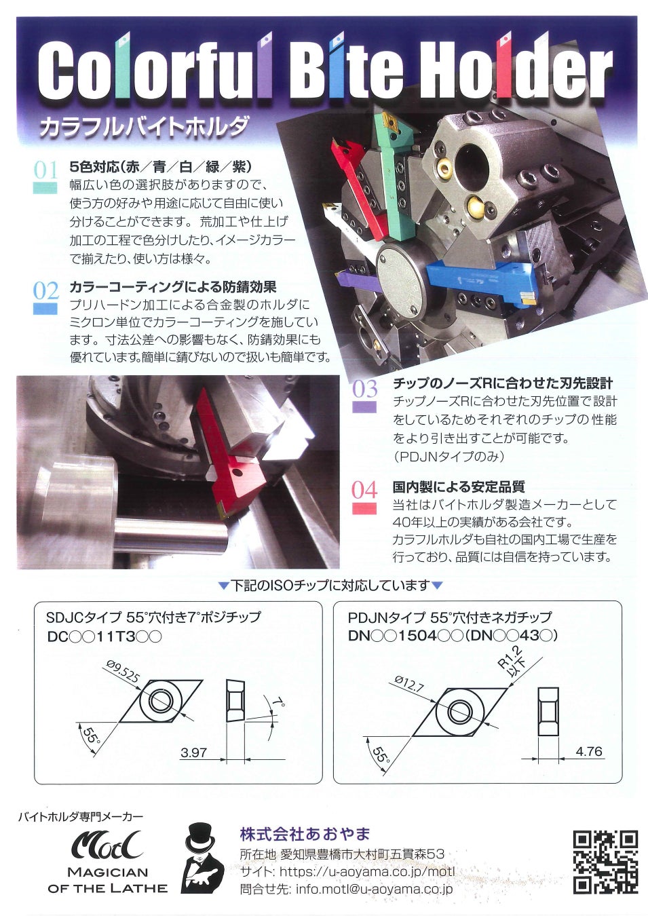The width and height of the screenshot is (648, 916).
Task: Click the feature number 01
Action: coord(45,170)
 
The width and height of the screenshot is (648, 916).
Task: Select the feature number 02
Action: coord(45,291)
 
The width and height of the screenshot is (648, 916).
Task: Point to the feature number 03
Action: coord(364,389)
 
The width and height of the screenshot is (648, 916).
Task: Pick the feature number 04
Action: coord(364,490)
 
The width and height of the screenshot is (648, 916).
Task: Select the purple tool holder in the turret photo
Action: coord(358,280)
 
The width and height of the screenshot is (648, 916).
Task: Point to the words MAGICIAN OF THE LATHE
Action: coord(107,879)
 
